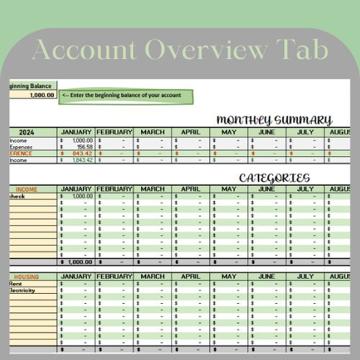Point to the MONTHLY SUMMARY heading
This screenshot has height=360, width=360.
click(x=274, y=120)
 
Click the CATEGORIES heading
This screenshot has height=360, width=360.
click(x=274, y=178)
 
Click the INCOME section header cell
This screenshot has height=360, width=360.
click(x=26, y=189)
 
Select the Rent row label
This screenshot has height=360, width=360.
click(x=16, y=283)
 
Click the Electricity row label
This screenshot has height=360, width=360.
click(x=22, y=290)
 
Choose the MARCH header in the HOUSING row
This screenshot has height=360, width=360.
click(x=152, y=276)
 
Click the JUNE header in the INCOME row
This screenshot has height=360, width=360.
click(x=266, y=189)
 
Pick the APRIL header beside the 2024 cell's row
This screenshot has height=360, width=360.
click(x=190, y=132)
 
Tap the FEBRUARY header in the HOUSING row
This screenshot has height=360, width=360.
click(x=114, y=276)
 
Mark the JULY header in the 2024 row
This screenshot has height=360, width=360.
click(x=305, y=132)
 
